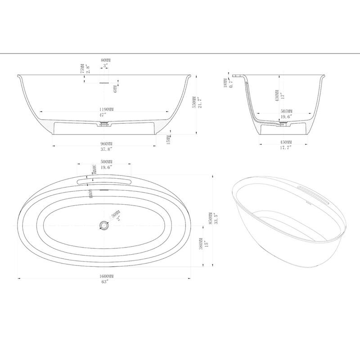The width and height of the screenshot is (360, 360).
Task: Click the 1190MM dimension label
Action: click(x=106, y=109)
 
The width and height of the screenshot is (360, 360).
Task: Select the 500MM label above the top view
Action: click(x=107, y=162)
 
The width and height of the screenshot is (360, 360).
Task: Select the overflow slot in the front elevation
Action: click(x=105, y=83)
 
